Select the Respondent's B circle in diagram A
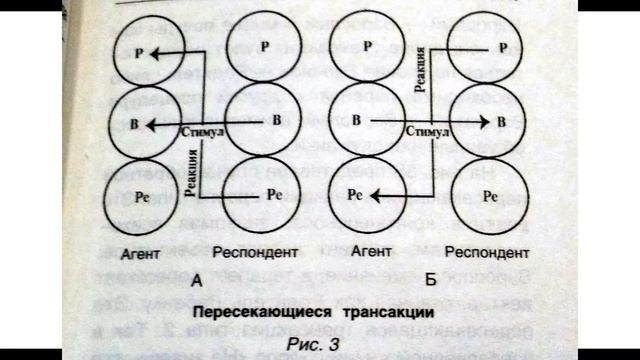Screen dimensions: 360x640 [x=260, y=121]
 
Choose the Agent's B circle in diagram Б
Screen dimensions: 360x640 [x=366, y=121]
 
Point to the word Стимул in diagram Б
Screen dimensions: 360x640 [x=424, y=131]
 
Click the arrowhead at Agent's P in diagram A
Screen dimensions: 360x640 [x=166, y=49]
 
